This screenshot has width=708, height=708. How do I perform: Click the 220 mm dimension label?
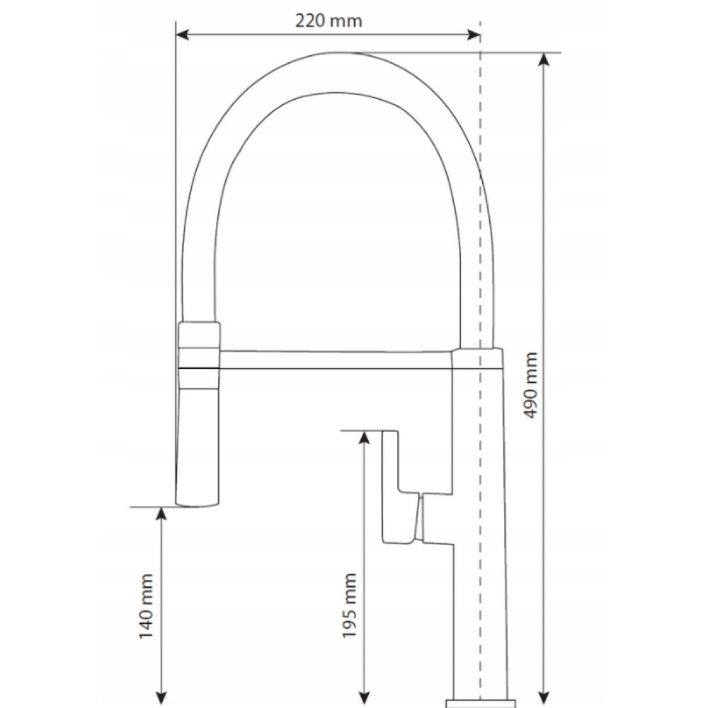tap(329, 21)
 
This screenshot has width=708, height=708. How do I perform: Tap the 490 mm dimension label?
tap(531, 385)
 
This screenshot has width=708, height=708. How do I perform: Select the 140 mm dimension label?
tap(146, 607)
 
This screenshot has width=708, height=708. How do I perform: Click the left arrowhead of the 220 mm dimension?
tap(182, 34)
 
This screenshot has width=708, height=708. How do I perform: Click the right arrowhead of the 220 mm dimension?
tap(474, 34)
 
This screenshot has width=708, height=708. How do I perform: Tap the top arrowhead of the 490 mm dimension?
tap(544, 59)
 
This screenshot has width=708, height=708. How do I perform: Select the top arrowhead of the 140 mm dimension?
tap(161, 513)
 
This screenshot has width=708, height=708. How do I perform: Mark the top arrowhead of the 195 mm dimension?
tap(365, 438)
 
